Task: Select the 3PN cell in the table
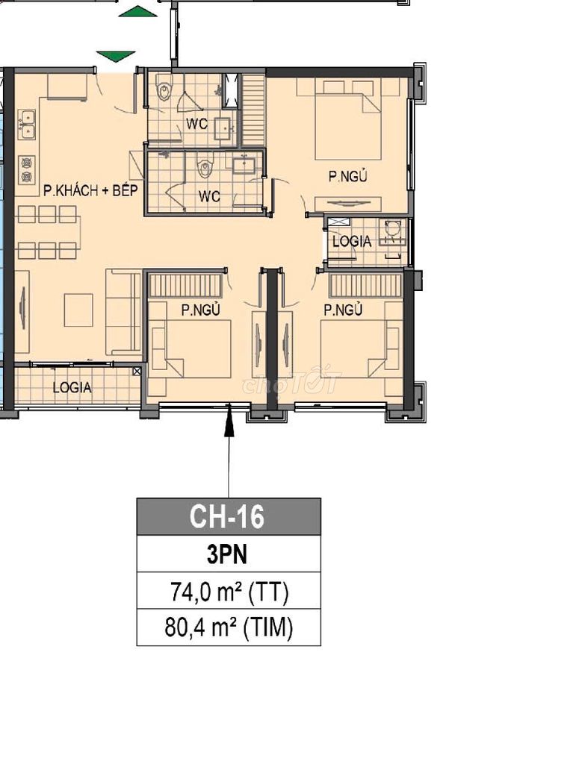227,554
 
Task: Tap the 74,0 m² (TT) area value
229,592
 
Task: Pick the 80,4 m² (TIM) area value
229,627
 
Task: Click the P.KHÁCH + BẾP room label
90,190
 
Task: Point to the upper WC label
196,124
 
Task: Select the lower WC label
209,197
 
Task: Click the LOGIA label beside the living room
72,388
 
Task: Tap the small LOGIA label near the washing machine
352,241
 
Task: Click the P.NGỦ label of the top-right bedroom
347,176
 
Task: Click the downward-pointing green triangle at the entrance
116,57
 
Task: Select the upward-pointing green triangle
138,11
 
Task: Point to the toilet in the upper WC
164,90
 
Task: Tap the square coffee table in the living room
78,310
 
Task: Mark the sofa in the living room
123,312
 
